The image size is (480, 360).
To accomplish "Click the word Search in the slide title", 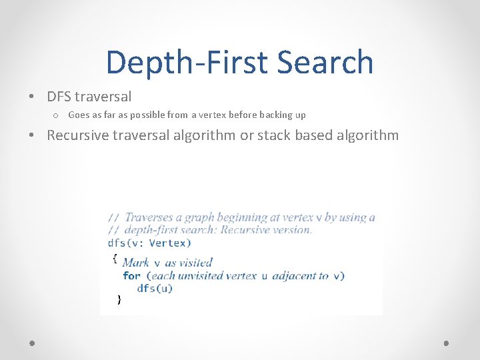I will coord(325,62).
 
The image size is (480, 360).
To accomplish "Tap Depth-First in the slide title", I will coord(187,62).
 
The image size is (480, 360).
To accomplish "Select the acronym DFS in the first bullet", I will coord(60,97).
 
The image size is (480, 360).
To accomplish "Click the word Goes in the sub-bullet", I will coord(79,115).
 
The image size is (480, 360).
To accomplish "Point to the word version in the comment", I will coord(292,230).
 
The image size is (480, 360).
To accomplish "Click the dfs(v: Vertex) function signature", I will coord(149,243).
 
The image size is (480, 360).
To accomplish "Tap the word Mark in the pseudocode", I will coord(136,263).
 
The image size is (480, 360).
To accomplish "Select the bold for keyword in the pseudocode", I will coord(131,275).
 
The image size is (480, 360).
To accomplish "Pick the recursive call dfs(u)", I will coord(155,288).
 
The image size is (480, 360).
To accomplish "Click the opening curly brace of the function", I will coord(115,257).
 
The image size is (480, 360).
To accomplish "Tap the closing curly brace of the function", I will coord(119,300).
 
